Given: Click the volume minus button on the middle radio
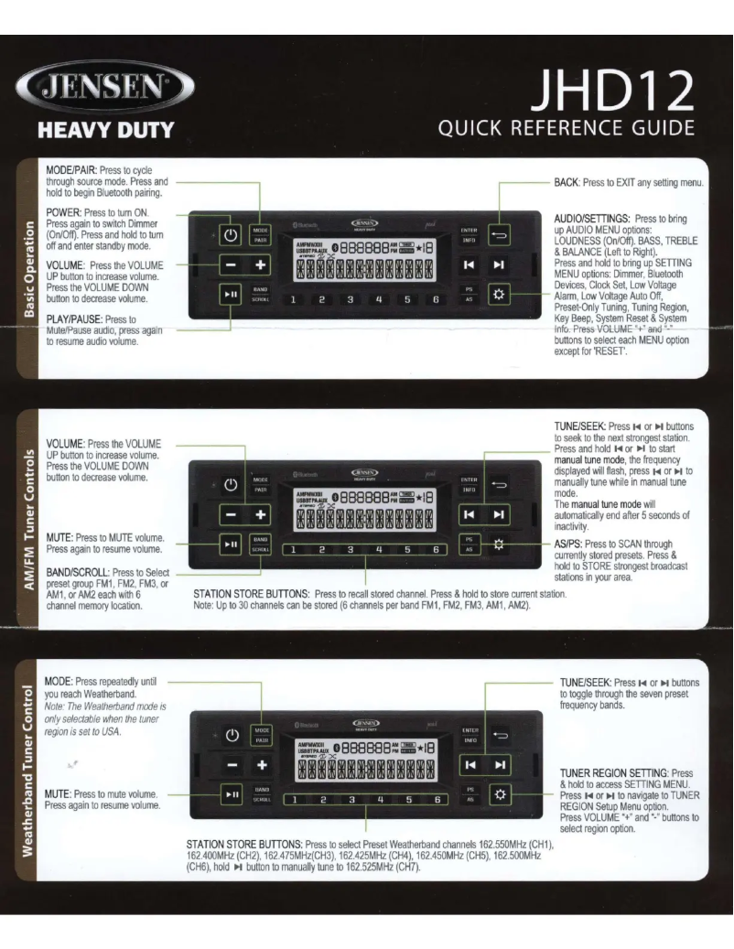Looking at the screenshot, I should (x=232, y=516).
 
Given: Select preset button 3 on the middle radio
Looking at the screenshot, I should (x=350, y=550).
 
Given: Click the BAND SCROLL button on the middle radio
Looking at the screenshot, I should (x=261, y=545).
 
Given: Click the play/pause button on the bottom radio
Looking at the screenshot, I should (x=232, y=797).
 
